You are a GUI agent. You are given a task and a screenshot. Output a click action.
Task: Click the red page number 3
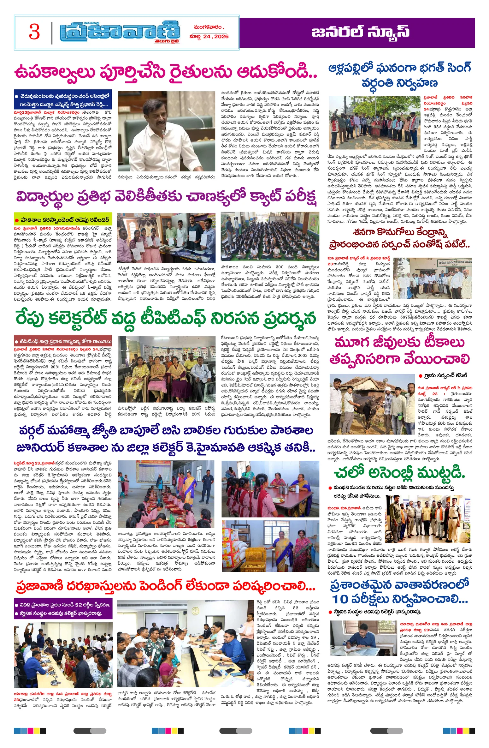click(x=34, y=32)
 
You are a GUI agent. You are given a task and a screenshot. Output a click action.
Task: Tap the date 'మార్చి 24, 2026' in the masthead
click(x=209, y=37)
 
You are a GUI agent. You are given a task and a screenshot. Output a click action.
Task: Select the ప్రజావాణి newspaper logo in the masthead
click(x=120, y=33)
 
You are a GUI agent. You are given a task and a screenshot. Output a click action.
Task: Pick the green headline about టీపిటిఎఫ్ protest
click(x=166, y=318)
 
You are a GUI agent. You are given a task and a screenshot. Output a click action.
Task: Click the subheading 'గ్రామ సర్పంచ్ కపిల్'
click(x=445, y=375)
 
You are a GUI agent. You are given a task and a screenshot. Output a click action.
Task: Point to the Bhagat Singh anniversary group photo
click(x=374, y=123)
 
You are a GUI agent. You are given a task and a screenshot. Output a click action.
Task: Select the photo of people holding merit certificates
click(x=166, y=238)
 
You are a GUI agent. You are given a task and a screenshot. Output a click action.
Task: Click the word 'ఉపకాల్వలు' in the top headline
click(x=54, y=72)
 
